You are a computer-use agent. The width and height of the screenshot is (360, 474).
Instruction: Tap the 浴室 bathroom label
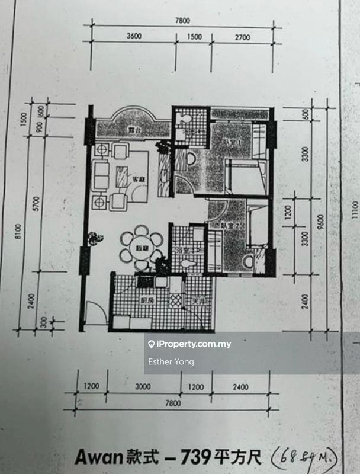tap(185, 251)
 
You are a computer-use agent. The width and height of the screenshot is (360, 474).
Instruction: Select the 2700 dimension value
tap(242, 37)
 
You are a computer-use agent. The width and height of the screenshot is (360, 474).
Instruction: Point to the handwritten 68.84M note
tap(304, 457)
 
